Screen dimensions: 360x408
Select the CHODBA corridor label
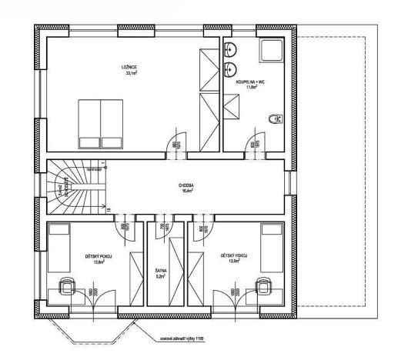pyautogui.click(x=185, y=185)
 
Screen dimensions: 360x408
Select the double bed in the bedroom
pyautogui.click(x=100, y=123)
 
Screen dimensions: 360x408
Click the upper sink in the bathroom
pyautogui.click(x=230, y=52)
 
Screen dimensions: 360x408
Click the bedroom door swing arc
pyautogui.click(x=176, y=142)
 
